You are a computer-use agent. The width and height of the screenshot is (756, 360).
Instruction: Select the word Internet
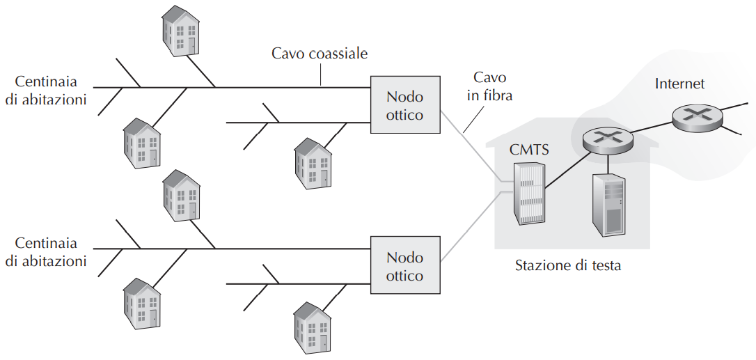pyautogui.click(x=679, y=84)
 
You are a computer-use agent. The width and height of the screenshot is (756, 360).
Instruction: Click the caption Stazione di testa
pyautogui.click(x=567, y=265)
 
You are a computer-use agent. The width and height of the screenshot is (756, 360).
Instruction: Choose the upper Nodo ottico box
pyautogui.click(x=404, y=105)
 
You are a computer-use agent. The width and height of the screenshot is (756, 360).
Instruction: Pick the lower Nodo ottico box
pyautogui.click(x=404, y=266)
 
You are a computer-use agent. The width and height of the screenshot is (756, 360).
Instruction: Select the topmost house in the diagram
pyautogui.click(x=180, y=31)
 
